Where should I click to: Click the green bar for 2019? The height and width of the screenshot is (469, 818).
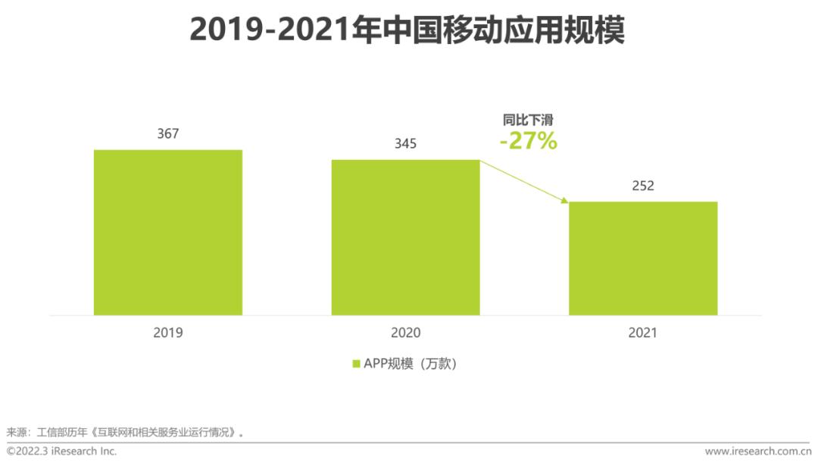click(x=168, y=232)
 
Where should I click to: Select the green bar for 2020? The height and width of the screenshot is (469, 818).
click(x=405, y=237)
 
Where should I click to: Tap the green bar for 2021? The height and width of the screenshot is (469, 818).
click(x=643, y=258)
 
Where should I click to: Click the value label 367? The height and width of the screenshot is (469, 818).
click(x=168, y=134)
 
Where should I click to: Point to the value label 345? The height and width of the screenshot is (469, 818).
click(x=405, y=144)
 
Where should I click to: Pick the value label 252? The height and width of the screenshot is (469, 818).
click(x=643, y=186)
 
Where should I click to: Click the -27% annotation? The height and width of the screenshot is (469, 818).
click(x=528, y=141)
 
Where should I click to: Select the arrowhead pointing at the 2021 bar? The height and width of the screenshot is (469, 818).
click(x=565, y=200)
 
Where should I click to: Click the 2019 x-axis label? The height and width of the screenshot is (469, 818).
click(x=168, y=333)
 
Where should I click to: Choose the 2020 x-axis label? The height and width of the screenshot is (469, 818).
click(x=405, y=333)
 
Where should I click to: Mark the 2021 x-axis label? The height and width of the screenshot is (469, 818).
click(x=643, y=333)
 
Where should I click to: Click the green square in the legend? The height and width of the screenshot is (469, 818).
click(x=356, y=364)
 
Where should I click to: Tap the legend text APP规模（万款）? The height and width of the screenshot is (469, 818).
click(x=411, y=364)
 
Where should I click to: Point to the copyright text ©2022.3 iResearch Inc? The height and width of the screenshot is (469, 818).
click(x=61, y=452)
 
